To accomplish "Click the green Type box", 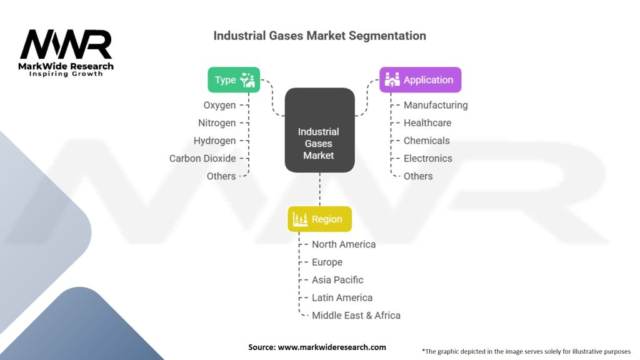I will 234,80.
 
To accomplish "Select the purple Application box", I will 420,80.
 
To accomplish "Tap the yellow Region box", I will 319,219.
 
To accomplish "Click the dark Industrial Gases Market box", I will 319,130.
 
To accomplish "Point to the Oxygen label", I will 219,105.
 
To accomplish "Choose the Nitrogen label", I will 217,123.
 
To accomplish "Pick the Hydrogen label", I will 215,141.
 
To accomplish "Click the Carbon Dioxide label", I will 202,158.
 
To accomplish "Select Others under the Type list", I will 221,176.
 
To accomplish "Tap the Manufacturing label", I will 436,105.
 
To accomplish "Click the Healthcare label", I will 427,123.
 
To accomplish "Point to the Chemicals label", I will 427,141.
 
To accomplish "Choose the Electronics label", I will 428,158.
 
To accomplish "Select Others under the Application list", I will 418,176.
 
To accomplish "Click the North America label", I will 344,244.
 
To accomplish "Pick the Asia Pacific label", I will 337,280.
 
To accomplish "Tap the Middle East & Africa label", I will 356,316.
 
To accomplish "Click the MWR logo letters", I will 66,45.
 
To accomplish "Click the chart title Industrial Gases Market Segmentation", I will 319,36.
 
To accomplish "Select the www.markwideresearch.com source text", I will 331,347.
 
